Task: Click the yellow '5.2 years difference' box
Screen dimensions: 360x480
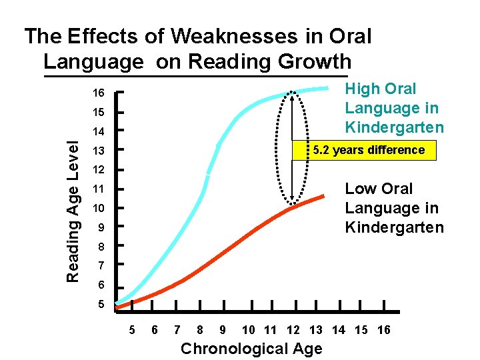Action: (363, 150)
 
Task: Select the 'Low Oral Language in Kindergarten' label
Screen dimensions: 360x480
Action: (393, 208)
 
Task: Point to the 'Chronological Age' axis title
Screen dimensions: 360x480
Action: (251, 349)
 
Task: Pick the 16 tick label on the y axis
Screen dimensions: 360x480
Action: (99, 93)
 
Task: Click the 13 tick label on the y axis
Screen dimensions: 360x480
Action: (99, 150)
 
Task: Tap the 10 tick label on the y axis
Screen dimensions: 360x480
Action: (99, 208)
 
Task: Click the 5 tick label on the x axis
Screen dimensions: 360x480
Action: (131, 330)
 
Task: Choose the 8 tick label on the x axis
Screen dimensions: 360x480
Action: (200, 330)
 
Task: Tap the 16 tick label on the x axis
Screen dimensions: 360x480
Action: (383, 330)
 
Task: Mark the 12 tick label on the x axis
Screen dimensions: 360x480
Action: (293, 330)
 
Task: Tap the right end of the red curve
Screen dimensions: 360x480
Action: (323, 195)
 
